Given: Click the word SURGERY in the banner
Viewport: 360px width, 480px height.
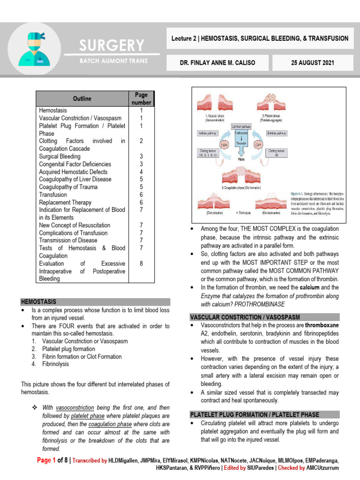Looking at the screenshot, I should [x=112, y=45].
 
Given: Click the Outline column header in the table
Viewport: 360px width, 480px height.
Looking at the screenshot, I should [x=82, y=98].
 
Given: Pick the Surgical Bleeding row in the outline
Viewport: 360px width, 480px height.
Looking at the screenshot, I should [x=60, y=157].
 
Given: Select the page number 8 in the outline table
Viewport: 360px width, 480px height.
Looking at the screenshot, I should [x=141, y=263].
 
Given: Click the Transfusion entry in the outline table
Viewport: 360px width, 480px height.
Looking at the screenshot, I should [x=53, y=195].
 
